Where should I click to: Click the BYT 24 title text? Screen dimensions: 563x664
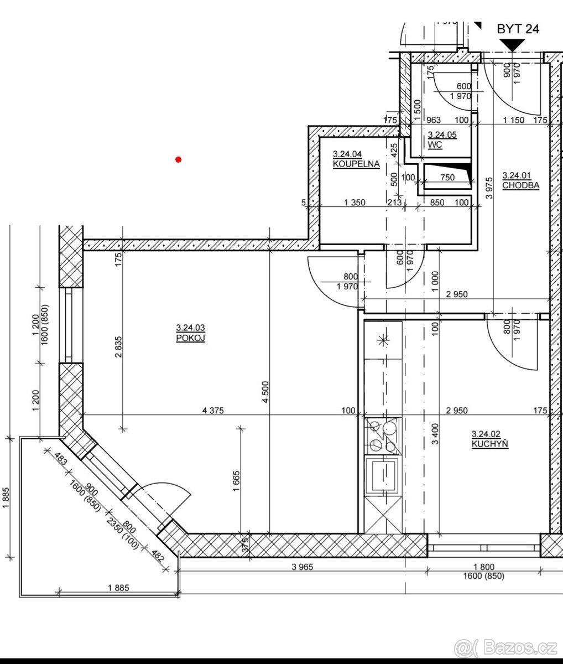tap(518, 29)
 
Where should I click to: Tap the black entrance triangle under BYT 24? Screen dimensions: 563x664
tap(512, 45)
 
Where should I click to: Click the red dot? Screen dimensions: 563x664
tap(178, 159)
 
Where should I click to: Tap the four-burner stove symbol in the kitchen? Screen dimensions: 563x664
tap(383, 436)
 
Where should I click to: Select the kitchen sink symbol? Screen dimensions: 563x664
tap(383, 475)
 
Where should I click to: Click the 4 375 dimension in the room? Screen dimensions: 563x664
tap(213, 410)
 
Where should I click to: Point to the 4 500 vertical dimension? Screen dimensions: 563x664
tap(265, 392)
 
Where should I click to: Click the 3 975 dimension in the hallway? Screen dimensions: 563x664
tap(489, 188)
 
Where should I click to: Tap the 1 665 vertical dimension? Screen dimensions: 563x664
tap(236, 481)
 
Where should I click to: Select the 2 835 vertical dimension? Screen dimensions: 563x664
tap(118, 347)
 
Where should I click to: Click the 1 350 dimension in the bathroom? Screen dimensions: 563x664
tap(355, 203)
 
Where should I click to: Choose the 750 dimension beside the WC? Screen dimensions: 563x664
tap(447, 177)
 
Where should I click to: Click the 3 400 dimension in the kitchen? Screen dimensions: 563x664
tap(435, 434)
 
